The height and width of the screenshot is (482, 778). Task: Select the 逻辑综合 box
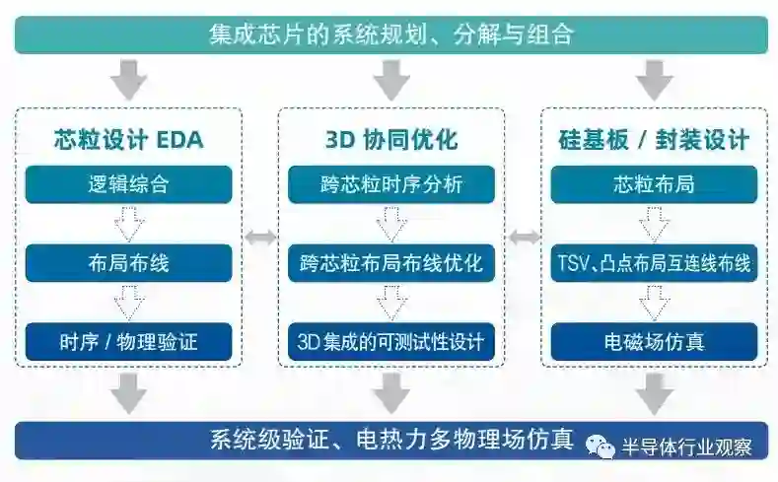coord(128,184)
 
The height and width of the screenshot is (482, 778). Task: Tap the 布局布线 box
coord(128,263)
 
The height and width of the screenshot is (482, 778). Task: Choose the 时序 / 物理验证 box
coord(128,342)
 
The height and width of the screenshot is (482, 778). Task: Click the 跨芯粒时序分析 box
coord(390,184)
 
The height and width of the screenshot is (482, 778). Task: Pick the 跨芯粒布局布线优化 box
coord(390,263)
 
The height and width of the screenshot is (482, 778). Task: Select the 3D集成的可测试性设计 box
coord(390,342)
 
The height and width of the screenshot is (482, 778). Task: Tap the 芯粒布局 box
coord(653,184)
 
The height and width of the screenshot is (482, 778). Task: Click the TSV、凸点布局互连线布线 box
coord(653,263)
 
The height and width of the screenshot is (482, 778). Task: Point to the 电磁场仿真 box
coord(653,342)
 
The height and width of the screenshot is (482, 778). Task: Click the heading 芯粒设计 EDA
coord(128,139)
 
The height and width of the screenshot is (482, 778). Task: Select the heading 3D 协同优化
coord(390,139)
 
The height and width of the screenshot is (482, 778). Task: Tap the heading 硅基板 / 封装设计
coord(653,139)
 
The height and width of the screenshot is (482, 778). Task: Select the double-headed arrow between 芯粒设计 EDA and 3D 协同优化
coord(260,237)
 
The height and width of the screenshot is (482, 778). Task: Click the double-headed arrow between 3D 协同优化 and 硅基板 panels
coord(523,237)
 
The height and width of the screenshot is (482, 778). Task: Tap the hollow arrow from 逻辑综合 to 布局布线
coord(128,224)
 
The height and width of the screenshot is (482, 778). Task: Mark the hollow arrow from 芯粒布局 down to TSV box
coord(653,224)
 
